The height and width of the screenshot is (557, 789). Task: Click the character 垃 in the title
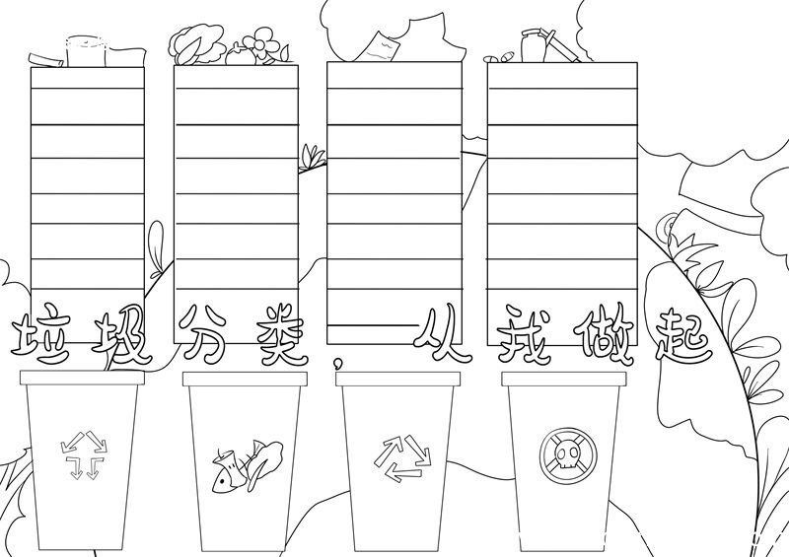point(40,335)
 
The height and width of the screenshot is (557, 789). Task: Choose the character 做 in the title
point(604,333)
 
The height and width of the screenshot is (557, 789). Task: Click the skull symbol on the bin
point(568,455)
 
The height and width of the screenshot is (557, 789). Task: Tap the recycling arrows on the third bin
point(402,457)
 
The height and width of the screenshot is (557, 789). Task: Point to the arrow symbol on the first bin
point(83,454)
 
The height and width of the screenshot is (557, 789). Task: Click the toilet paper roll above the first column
point(87,51)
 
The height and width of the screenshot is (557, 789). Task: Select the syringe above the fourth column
point(559,45)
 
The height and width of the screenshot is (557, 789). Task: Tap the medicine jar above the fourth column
point(533,45)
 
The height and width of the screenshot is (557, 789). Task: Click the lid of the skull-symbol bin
point(565,379)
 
